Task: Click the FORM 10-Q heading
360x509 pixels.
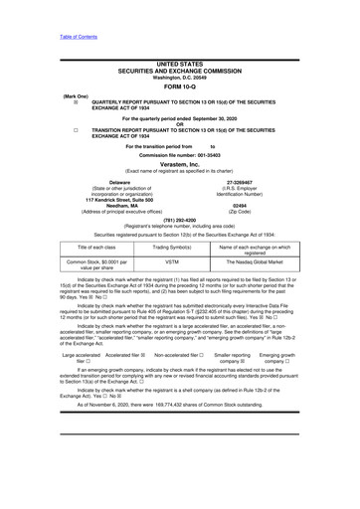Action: [180, 86]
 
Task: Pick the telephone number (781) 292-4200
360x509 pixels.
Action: [180, 220]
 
